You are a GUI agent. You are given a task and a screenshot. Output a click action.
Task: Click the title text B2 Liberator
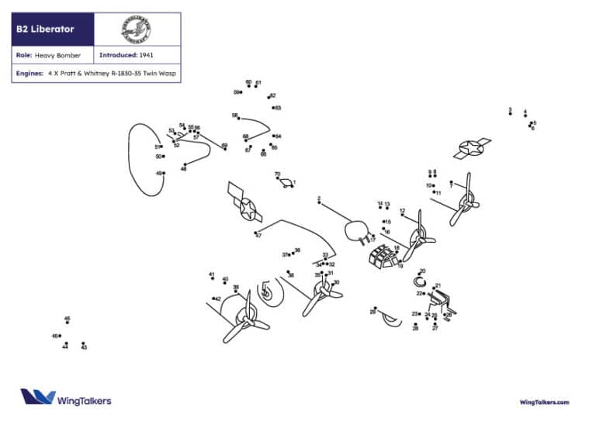[45, 29]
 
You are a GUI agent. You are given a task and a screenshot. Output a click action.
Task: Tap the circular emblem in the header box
[136, 29]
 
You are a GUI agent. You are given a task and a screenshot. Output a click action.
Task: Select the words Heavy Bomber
[57, 56]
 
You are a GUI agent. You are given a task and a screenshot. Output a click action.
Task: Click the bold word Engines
[28, 74]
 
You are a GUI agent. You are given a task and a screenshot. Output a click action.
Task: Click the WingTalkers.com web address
[544, 402]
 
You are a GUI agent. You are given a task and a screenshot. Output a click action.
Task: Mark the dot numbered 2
[320, 204]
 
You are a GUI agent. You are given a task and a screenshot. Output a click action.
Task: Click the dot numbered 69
[225, 149]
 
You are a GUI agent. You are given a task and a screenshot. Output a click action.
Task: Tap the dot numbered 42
[213, 298]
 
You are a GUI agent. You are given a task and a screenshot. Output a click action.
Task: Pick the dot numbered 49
[164, 173]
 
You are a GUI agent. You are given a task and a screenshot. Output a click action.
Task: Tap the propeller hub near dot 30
[320, 292]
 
